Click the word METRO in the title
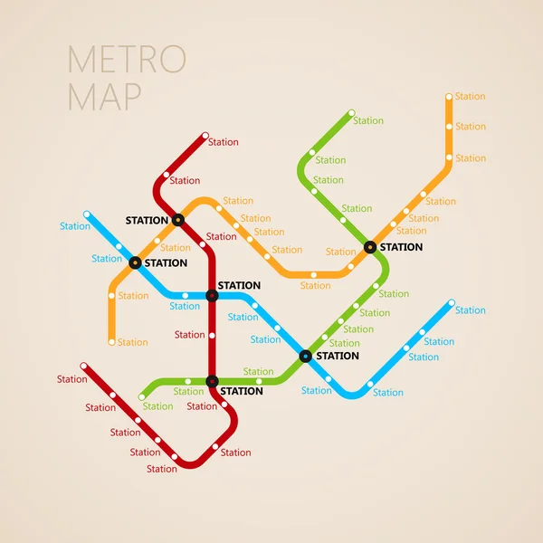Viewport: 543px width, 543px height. click(127, 59)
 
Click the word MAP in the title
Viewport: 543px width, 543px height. click(104, 95)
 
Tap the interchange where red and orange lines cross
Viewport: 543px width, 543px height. click(178, 219)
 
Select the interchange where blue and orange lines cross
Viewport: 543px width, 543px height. click(136, 262)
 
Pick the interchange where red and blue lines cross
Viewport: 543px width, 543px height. click(212, 295)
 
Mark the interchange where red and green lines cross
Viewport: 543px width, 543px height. click(212, 381)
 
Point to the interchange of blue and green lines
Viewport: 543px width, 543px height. click(305, 356)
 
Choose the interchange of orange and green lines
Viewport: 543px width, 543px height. click(370, 246)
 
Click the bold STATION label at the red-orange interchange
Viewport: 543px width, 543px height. click(147, 220)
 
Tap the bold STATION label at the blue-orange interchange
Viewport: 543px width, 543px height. click(166, 263)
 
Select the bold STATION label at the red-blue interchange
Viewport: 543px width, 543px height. click(239, 285)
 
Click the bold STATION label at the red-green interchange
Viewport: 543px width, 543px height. click(242, 391)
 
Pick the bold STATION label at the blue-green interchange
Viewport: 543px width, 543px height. click(337, 356)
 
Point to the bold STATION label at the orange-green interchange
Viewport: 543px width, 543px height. click(401, 247)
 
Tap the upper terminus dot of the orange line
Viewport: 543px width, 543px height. click(449, 96)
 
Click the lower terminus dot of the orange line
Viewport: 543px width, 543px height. click(112, 342)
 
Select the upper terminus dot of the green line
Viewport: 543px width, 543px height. click(351, 114)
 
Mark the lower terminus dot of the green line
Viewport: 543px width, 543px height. click(142, 396)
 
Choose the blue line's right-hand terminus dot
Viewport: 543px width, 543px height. click(451, 303)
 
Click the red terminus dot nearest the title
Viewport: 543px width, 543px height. click(205, 136)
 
